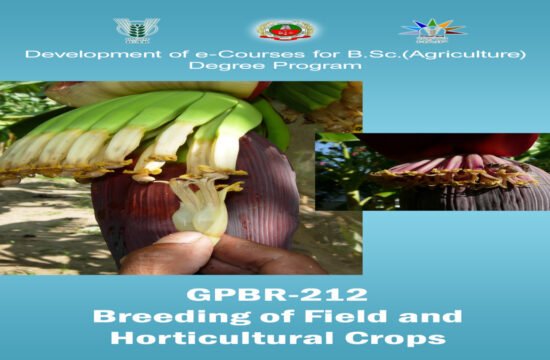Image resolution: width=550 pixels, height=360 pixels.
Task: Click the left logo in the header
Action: (x=136, y=28)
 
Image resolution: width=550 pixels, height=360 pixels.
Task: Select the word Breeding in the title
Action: (x=150, y=317)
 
